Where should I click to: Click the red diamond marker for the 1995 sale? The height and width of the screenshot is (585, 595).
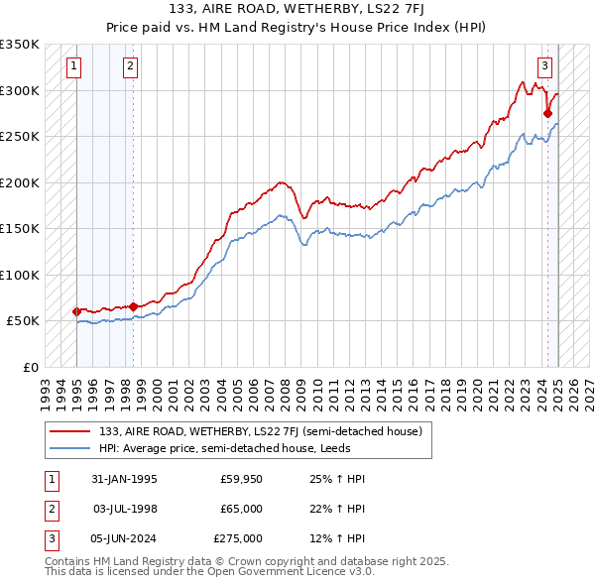pos(76,311)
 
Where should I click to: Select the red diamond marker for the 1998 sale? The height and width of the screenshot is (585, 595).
pos(133,306)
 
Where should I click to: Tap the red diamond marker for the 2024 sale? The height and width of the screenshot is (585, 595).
pos(547,113)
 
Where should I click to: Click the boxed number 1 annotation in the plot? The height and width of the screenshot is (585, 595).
pos(75,66)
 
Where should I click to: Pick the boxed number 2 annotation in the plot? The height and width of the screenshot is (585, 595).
pos(131,66)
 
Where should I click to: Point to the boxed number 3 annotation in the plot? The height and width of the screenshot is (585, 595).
pos(544,66)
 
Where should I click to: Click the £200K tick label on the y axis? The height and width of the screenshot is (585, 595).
pos(20,182)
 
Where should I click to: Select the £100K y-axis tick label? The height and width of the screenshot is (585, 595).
pos(20,275)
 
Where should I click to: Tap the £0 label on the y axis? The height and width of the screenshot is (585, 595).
pos(30,367)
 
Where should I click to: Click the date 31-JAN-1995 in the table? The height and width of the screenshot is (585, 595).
pos(123,479)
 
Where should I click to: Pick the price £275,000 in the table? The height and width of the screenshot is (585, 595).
pos(239,538)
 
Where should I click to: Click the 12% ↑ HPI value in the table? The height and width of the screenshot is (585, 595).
pos(337,538)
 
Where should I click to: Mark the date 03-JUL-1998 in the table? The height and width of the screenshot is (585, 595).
pos(124,509)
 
